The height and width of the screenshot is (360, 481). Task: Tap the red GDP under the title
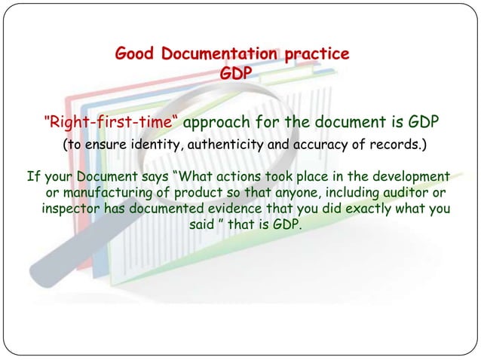(x=236, y=74)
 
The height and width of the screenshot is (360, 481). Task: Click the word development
(x=408, y=178)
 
